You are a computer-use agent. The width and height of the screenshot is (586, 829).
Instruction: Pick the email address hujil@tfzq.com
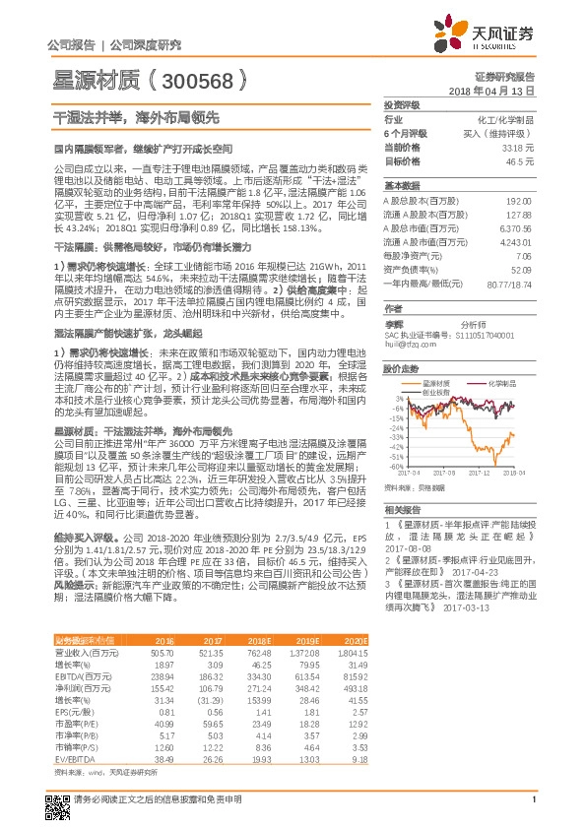pyautogui.click(x=409, y=345)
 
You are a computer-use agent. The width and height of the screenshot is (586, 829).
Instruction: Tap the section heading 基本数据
pyautogui.click(x=400, y=185)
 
